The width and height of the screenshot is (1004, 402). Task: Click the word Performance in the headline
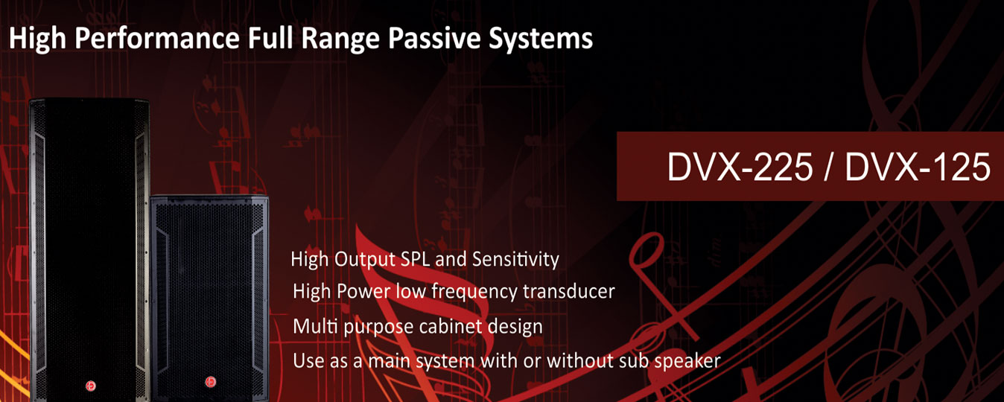click(x=157, y=39)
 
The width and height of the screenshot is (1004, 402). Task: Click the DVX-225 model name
click(x=740, y=167)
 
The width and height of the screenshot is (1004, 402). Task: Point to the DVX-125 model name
click(x=918, y=167)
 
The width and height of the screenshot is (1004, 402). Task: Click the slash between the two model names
click(x=828, y=167)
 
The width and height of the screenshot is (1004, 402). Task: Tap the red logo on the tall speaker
click(x=91, y=386)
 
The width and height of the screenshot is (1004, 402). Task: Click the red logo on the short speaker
click(x=210, y=382)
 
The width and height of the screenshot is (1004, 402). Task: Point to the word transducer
click(x=569, y=292)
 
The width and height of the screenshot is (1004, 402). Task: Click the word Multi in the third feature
click(x=316, y=326)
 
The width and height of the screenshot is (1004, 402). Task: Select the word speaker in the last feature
click(x=687, y=362)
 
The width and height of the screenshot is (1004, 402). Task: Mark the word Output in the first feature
click(x=364, y=260)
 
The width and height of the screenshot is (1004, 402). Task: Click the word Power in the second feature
click(x=363, y=292)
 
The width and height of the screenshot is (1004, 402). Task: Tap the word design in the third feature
click(x=515, y=327)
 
